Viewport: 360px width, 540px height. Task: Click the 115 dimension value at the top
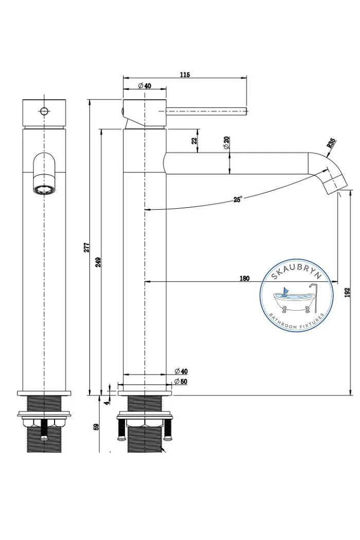point(185,75)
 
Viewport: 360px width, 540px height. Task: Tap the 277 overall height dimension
point(87,247)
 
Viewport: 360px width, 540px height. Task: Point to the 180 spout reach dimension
point(244,278)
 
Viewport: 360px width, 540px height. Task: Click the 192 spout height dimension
point(347,293)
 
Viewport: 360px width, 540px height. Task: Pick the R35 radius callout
point(331,142)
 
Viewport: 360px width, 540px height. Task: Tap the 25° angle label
point(238,199)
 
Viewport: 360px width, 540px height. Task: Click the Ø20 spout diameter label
point(226,142)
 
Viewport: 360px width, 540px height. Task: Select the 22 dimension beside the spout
point(194,140)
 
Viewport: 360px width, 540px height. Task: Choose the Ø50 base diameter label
point(181,382)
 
